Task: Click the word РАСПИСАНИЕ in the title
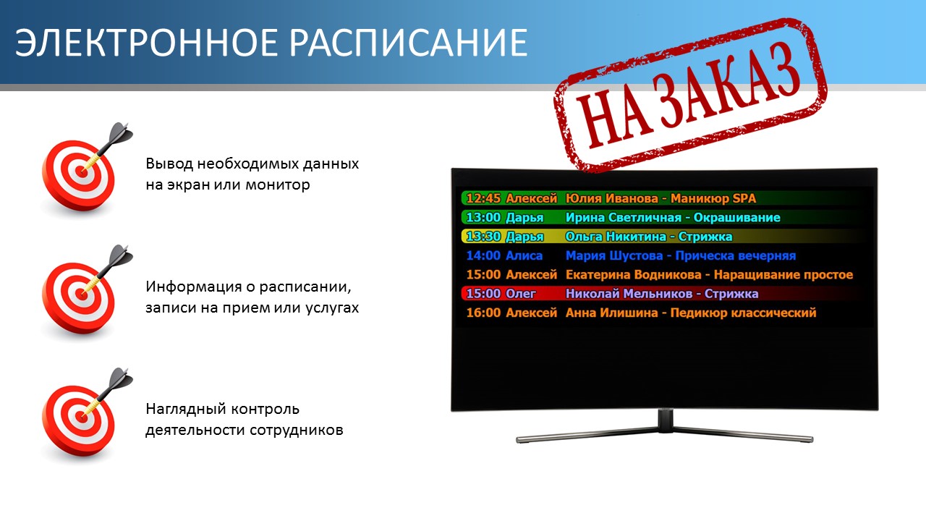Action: tap(409, 43)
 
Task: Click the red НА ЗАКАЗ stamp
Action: tap(689, 94)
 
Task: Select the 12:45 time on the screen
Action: tap(483, 198)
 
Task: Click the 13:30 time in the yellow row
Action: tap(483, 237)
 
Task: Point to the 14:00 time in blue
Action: tap(483, 255)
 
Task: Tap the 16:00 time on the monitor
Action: tap(483, 313)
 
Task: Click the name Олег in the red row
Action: tap(521, 294)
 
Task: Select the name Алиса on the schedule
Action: tap(524, 255)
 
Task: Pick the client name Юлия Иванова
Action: tap(612, 198)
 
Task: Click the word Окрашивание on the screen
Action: tap(737, 218)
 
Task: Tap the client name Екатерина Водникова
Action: tap(633, 274)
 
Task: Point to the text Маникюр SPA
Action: tap(713, 198)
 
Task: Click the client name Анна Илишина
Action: tap(612, 313)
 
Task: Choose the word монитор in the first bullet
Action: tap(278, 185)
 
